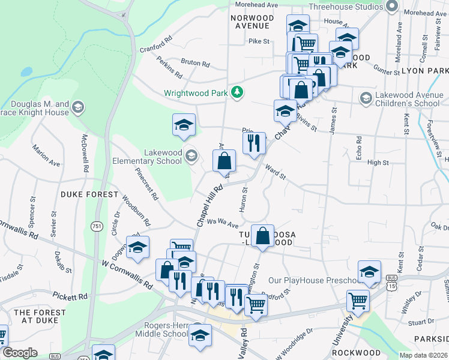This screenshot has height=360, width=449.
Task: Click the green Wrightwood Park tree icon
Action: pyautogui.click(x=238, y=92)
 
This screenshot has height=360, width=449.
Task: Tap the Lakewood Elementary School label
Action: pyautogui.click(x=147, y=157)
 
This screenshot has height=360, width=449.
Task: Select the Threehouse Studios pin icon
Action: pyautogui.click(x=393, y=7)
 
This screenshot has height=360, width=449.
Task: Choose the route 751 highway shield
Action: pyautogui.click(x=96, y=226)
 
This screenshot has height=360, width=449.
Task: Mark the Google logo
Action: pyautogui.click(x=20, y=353)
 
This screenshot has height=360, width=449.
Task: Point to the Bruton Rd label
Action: pyautogui.click(x=195, y=63)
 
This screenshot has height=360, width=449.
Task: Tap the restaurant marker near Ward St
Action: pyautogui.click(x=254, y=143)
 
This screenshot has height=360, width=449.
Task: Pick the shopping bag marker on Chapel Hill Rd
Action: pyautogui.click(x=224, y=161)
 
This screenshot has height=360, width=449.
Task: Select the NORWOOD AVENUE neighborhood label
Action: pyautogui.click(x=252, y=22)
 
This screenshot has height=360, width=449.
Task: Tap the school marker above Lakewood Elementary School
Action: pyautogui.click(x=184, y=125)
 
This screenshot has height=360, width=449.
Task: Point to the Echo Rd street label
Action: pyautogui.click(x=359, y=147)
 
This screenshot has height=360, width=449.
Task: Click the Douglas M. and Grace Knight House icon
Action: pyautogui.click(x=77, y=108)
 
